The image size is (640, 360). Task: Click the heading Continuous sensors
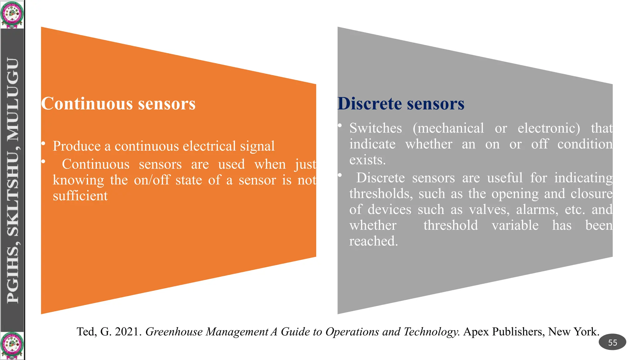coord(118,104)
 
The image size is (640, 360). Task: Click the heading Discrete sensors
coord(401,104)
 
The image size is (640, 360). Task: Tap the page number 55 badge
coord(612,342)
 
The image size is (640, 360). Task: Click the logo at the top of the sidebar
coord(12,14)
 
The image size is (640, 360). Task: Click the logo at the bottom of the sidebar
coord(12,346)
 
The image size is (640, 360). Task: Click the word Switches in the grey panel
coord(375,128)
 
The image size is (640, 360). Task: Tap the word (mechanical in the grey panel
coord(448,128)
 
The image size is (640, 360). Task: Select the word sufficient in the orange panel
coord(80,196)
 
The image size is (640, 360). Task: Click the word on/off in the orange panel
coord(152,180)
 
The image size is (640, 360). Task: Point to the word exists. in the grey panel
coord(367,160)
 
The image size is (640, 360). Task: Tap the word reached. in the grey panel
coord(373,241)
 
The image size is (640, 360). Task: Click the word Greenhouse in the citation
coord(174,332)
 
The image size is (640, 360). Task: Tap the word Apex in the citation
coord(476,332)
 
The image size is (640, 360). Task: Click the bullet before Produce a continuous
coord(43,143)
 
